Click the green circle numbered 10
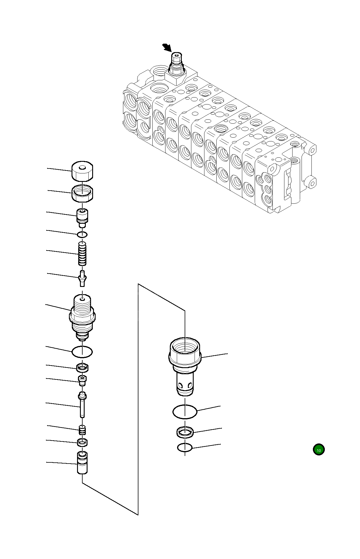coord(319,450)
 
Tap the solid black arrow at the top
coord(167,47)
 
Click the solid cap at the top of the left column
coord(82,171)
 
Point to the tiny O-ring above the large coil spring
coord(83,234)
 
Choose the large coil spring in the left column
coord(82,254)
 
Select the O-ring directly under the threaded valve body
coord(82,352)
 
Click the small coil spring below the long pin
coord(83,430)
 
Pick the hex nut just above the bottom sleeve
coord(83,443)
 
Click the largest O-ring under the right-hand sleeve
coord(185,412)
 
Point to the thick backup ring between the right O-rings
coord(185,432)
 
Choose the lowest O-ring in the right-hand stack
coord(185,448)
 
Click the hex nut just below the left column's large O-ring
coord(83,368)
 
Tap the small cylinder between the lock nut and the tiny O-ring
coord(82,217)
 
